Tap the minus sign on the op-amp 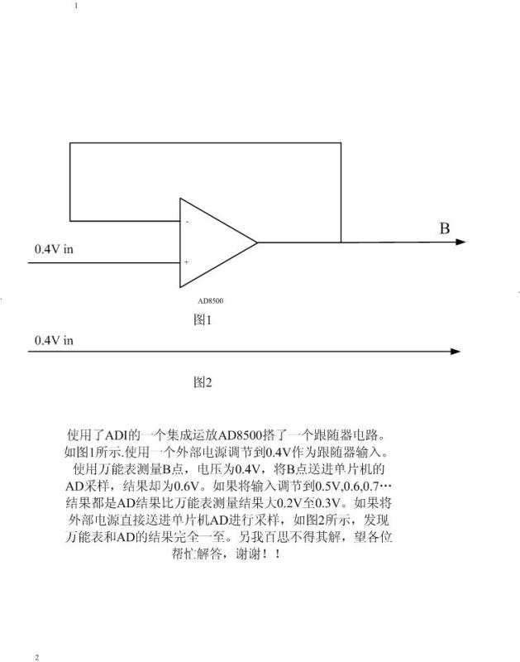pyautogui.click(x=188, y=222)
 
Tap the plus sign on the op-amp pyautogui.click(x=186, y=261)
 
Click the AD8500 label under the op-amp pyautogui.click(x=211, y=300)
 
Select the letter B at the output pyautogui.click(x=445, y=228)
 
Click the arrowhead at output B pyautogui.click(x=460, y=242)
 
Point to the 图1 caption pyautogui.click(x=203, y=319)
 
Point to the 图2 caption pyautogui.click(x=203, y=382)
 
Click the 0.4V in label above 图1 pyautogui.click(x=54, y=249)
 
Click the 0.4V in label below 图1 pyautogui.click(x=54, y=340)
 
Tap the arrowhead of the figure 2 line pyautogui.click(x=455, y=351)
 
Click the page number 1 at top pyautogui.click(x=76, y=6)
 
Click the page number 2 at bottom pyautogui.click(x=36, y=657)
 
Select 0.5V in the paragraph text pyautogui.click(x=328, y=486)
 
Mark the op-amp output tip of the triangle pyautogui.click(x=257, y=242)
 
